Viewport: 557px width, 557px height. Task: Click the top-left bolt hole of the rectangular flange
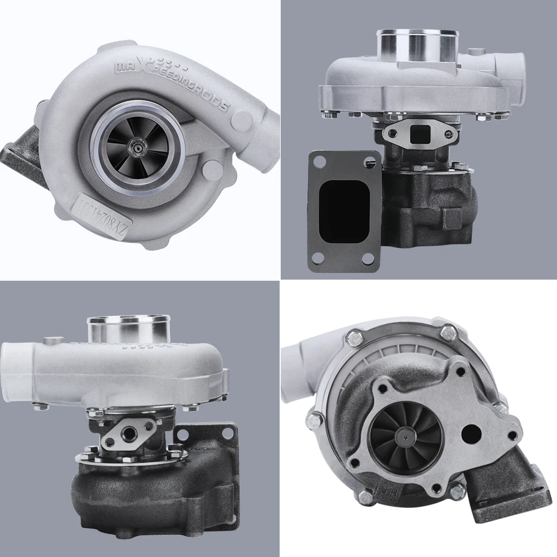pyautogui.click(x=320, y=162)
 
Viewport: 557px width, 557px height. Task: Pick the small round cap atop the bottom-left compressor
pyautogui.click(x=53, y=341)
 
